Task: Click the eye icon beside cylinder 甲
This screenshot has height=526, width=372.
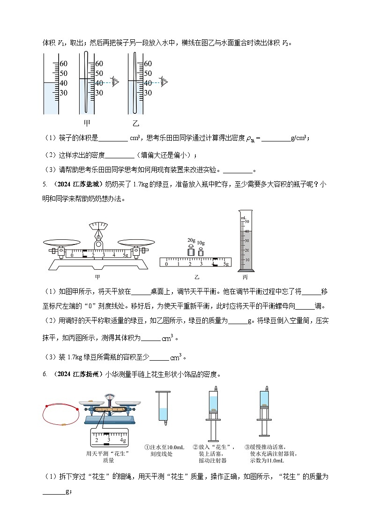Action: coord(115,81)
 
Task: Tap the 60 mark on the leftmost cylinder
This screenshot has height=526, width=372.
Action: coord(63,64)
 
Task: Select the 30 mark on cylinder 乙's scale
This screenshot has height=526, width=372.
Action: coord(148,93)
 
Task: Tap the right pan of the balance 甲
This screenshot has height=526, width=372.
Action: coord(136,243)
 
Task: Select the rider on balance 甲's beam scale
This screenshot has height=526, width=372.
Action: coord(85,255)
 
